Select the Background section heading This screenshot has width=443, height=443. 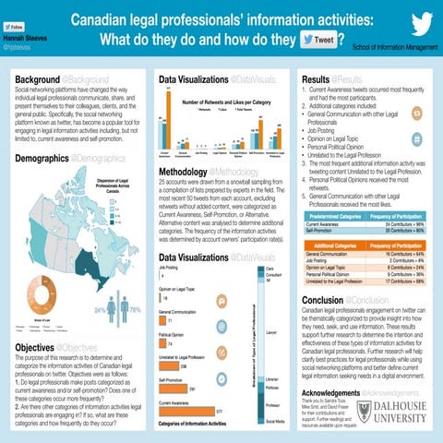point(38,81)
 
